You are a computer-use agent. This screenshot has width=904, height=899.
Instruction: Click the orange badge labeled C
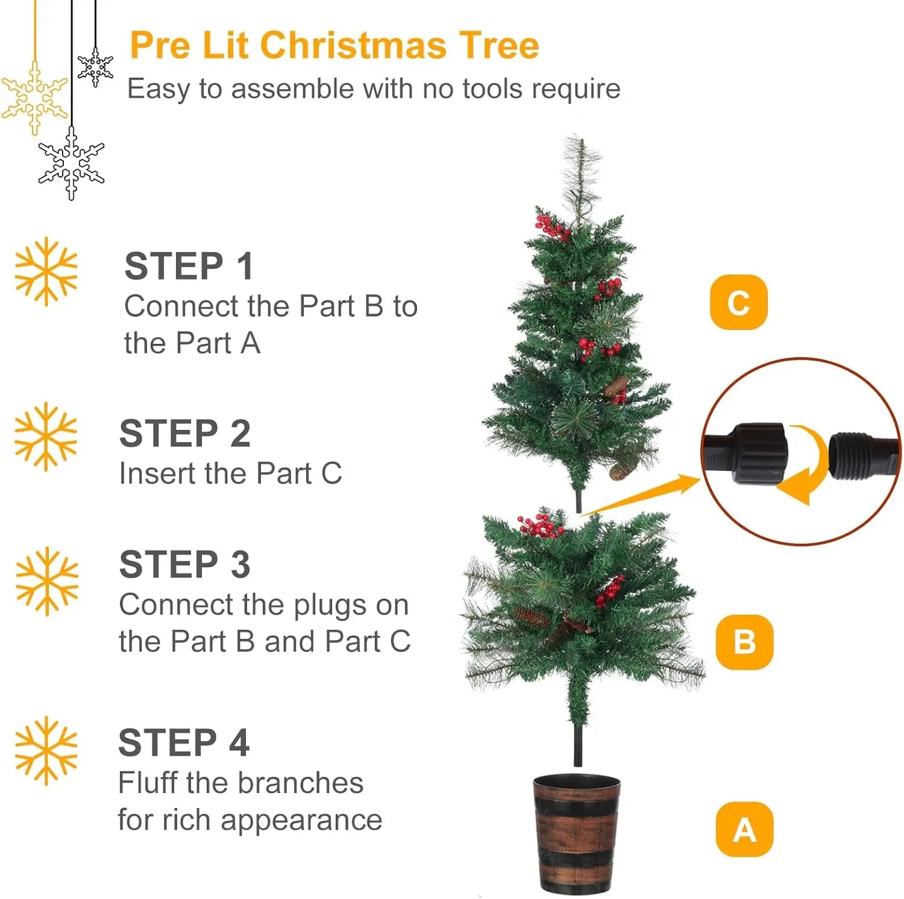[x=738, y=302]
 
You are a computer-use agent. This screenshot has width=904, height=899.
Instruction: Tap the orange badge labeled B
[x=744, y=642]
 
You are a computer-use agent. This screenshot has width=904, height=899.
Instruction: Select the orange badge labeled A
[x=744, y=830]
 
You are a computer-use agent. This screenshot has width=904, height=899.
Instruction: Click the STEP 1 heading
[x=189, y=266]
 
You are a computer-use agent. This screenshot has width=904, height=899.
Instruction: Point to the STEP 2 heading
[x=185, y=434]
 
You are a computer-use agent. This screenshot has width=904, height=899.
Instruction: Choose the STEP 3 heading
[x=185, y=565]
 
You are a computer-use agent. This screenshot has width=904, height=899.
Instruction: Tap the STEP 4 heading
[x=184, y=742]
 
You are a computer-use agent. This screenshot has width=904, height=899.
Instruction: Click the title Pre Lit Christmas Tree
[x=334, y=46]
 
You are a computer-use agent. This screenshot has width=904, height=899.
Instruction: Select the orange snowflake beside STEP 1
[x=46, y=271]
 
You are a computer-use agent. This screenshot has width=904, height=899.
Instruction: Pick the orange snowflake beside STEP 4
[x=46, y=750]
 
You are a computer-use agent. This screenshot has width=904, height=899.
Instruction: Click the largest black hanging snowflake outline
[x=71, y=163]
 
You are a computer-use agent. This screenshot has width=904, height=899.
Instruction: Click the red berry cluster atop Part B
[x=539, y=526]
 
